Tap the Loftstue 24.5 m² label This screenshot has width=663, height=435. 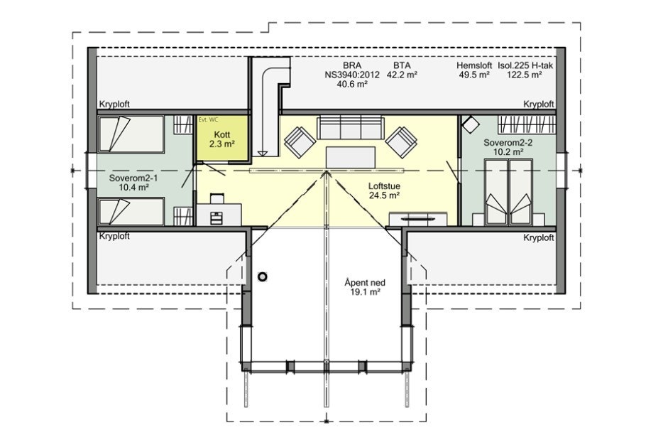pyautogui.click(x=384, y=190)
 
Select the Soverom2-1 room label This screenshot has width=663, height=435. pyautogui.click(x=128, y=183)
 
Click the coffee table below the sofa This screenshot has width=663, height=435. pyautogui.click(x=351, y=156)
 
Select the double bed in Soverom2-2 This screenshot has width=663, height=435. pyautogui.click(x=508, y=192)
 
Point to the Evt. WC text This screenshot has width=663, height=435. pyautogui.click(x=209, y=120)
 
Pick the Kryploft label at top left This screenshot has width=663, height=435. pyautogui.click(x=114, y=104)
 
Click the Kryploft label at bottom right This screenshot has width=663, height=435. pyautogui.click(x=538, y=238)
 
